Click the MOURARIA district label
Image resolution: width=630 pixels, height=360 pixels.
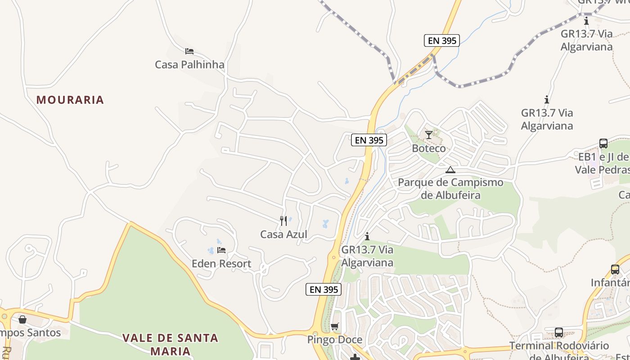point(70,100)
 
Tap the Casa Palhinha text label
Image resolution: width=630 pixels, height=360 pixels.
point(189,65)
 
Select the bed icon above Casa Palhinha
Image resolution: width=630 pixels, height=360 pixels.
point(189,51)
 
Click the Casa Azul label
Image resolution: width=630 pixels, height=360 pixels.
point(283,234)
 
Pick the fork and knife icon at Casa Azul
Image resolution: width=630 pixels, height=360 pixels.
point(283,221)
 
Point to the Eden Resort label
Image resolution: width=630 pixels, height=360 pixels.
point(221,264)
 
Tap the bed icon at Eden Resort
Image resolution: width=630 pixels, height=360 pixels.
point(221,250)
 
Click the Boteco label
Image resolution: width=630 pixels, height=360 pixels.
point(429,148)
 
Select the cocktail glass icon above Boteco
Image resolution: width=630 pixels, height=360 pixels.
point(429,135)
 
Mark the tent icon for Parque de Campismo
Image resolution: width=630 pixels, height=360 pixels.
point(450,170)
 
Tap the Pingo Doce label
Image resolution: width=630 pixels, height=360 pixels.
point(334,340)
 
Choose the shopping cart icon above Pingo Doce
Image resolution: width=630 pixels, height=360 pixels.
point(334,327)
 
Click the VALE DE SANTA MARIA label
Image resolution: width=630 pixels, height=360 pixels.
point(170,344)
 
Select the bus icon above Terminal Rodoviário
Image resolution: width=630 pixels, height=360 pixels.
point(558,333)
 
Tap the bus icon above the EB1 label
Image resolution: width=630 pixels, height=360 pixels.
point(603,144)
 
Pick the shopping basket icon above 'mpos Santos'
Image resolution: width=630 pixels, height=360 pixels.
point(22,319)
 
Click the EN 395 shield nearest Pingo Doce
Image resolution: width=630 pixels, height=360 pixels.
point(323,289)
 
